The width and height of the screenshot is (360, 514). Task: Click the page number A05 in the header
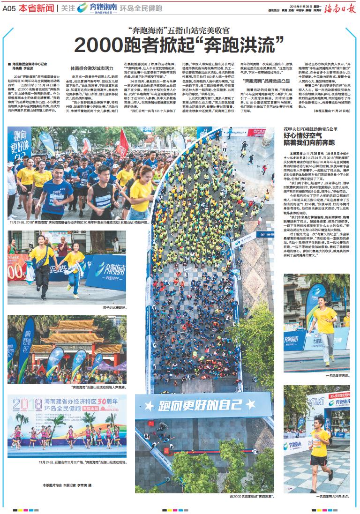click(x=9, y=8)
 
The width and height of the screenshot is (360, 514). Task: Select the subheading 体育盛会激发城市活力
click(x=89, y=68)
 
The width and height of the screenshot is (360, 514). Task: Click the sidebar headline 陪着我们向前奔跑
click(x=305, y=142)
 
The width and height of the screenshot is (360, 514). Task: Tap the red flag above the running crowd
click(x=123, y=142)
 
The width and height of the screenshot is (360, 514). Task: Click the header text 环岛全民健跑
click(x=141, y=8)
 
